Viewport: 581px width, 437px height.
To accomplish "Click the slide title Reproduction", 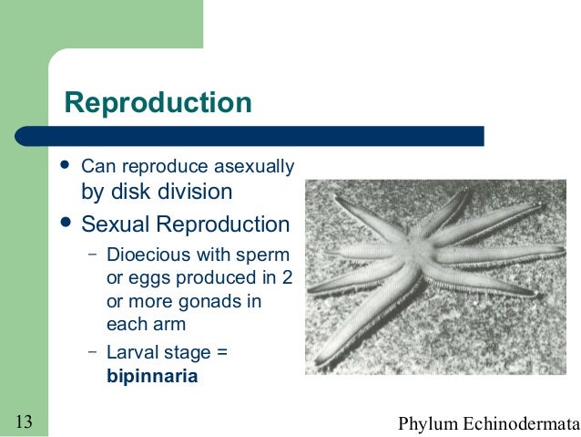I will pos(157,103).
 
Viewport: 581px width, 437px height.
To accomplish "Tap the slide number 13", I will pos(25,421).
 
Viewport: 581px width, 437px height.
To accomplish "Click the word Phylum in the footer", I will pos(429,422).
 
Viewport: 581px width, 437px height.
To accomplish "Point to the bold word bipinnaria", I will pos(152,375).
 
